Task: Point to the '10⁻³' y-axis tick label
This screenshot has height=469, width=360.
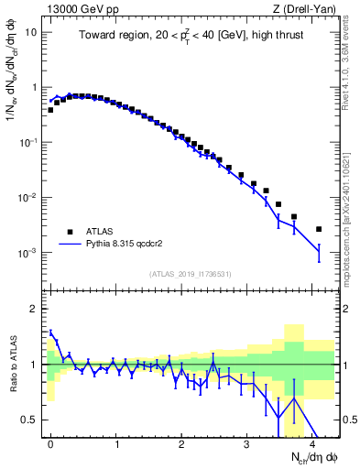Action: [27, 253]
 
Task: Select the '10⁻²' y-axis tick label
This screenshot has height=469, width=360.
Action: [27, 198]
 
